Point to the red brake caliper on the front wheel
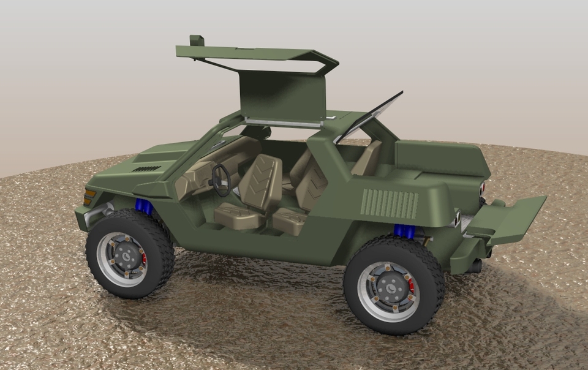coord(144,259)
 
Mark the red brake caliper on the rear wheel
coord(411,286)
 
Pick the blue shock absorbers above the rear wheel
coord(404,231)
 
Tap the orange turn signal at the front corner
coord(89,197)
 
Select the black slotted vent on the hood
coord(146,168)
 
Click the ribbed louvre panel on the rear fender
coord(390,204)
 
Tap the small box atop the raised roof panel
coord(196,41)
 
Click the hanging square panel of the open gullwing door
coord(282,95)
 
